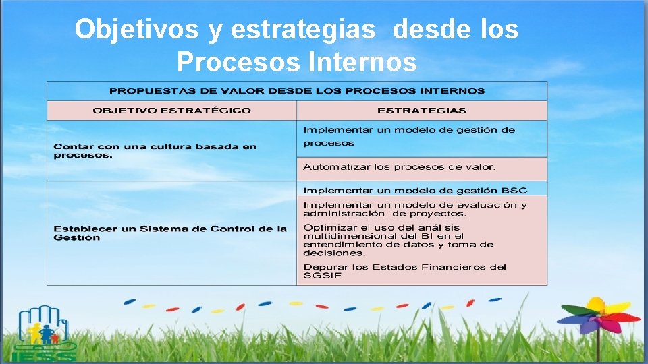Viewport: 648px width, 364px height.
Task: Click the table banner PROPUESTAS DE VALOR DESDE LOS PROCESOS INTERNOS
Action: pos(297,90)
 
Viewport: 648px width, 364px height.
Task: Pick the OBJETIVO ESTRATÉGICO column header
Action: pos(171,111)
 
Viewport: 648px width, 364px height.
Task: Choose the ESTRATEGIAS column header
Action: pos(421,111)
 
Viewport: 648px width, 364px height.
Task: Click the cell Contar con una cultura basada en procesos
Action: pos(155,150)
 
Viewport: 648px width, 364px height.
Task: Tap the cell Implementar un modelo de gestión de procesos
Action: pos(408,136)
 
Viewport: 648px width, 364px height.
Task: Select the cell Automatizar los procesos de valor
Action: pos(400,167)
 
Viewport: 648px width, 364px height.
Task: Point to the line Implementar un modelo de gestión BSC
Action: pos(414,190)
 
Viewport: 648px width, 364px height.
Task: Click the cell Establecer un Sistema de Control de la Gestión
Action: pos(170,233)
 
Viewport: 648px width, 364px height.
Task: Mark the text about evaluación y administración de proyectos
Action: pos(414,209)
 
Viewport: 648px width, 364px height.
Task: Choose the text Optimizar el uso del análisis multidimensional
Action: pos(398,241)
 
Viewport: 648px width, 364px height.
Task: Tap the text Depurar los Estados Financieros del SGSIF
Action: pos(404,271)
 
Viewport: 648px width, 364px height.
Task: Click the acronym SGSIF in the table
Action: pos(323,276)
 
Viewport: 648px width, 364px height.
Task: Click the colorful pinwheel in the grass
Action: pos(597,315)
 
